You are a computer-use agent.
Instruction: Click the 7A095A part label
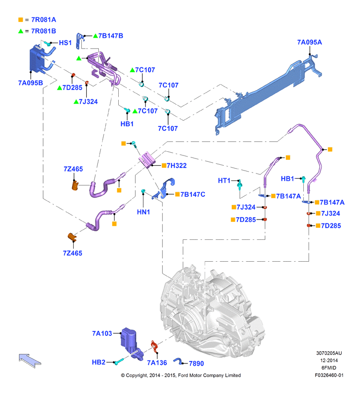[x=310, y=42]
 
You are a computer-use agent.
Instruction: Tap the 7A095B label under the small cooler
[x=31, y=83]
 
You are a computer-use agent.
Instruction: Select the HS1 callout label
[x=65, y=43]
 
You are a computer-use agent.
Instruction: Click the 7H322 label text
[x=177, y=166]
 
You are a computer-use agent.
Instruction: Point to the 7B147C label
[x=193, y=194]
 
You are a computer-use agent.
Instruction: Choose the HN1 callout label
[x=143, y=212]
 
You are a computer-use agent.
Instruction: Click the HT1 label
[x=224, y=180]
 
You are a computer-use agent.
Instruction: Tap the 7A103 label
[x=102, y=333]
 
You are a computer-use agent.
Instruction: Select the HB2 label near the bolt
[x=98, y=362]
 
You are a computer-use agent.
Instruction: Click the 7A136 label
[x=157, y=362]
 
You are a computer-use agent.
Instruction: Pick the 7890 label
[x=196, y=363]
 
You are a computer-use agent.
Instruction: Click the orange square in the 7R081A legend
[x=20, y=19]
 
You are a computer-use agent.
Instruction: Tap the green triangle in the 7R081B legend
[x=20, y=31]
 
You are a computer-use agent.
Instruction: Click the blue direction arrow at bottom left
[x=30, y=361]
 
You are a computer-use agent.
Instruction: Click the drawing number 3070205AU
[x=329, y=353]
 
